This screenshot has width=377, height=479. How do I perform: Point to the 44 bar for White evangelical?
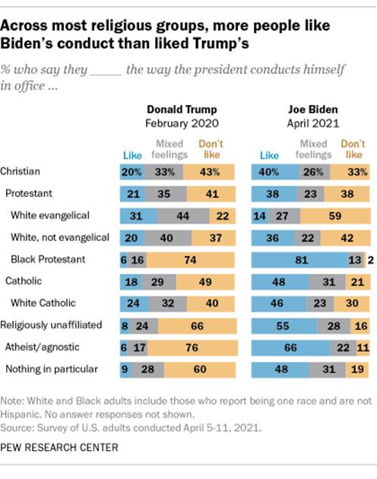[x=182, y=215]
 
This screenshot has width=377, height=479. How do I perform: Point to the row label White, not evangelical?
[x=60, y=237]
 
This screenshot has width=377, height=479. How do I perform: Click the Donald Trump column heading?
[x=177, y=108]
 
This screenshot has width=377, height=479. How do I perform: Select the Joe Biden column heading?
[x=308, y=108]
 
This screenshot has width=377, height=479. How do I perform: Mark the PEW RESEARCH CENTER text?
[x=60, y=447]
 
